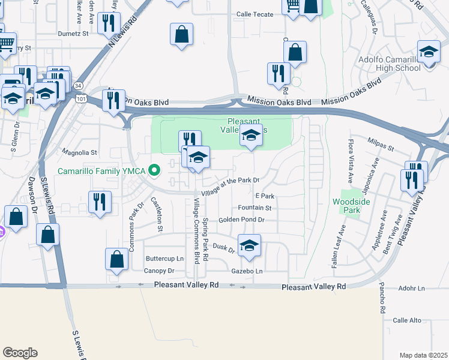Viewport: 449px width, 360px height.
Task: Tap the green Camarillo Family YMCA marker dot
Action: (x=154, y=172)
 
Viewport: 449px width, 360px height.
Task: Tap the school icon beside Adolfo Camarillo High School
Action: (x=429, y=52)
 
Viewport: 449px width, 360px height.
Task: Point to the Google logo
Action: (x=19, y=353)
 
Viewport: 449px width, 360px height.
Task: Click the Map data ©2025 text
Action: (x=424, y=355)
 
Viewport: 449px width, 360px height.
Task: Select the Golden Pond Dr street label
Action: (x=241, y=220)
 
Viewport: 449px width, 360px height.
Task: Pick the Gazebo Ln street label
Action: (x=250, y=272)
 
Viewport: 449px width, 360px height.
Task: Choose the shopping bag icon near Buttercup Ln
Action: (x=117, y=259)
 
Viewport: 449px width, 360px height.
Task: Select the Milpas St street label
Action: (x=382, y=147)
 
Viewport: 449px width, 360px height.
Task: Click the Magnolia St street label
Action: (x=79, y=153)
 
